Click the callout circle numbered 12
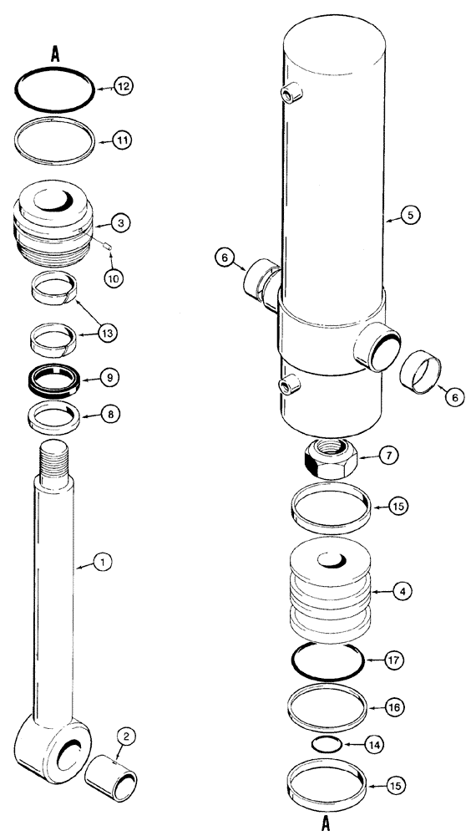coord(123,86)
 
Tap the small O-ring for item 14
coord(326,743)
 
